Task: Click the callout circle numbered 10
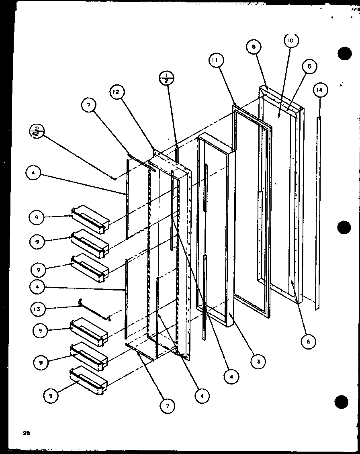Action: point(290,41)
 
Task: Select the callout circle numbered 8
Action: point(254,47)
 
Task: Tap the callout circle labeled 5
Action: point(310,66)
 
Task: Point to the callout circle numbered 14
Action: point(319,91)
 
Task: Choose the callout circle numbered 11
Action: point(216,61)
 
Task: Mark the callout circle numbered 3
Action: point(258,362)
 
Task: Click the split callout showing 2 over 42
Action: point(37,131)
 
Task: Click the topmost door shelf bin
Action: point(90,219)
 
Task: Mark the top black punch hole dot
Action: point(344,54)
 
